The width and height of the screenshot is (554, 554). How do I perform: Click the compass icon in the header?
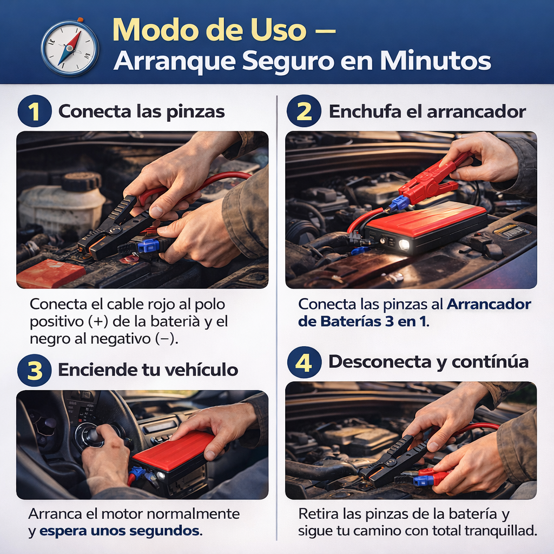(70, 48)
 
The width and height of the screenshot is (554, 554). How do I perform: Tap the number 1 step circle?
(35, 111)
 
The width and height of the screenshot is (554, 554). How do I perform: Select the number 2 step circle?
(304, 111)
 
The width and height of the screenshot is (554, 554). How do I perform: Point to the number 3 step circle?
(35, 370)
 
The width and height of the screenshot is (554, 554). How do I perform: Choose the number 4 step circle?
(304, 362)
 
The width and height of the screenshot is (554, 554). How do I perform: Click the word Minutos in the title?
(436, 61)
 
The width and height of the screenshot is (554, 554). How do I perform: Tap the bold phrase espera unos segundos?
(120, 531)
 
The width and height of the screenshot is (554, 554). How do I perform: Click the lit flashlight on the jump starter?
(404, 245)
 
